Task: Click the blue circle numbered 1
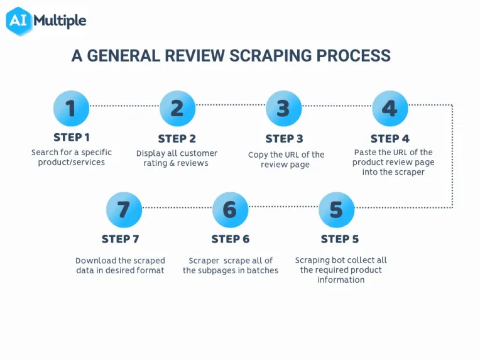[72, 108]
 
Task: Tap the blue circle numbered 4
[390, 108]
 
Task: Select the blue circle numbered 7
[124, 210]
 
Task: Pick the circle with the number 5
[336, 210]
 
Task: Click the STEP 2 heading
[177, 139]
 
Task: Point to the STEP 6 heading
[231, 239]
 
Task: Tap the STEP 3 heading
[284, 139]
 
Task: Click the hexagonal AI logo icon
[19, 21]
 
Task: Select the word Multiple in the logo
[60, 21]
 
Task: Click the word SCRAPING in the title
[271, 56]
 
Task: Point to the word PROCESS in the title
[354, 56]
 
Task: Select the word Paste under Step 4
[364, 152]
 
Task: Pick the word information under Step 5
[341, 280]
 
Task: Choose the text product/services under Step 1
[72, 162]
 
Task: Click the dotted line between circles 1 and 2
[124, 106]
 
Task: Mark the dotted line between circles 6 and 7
[177, 207]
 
